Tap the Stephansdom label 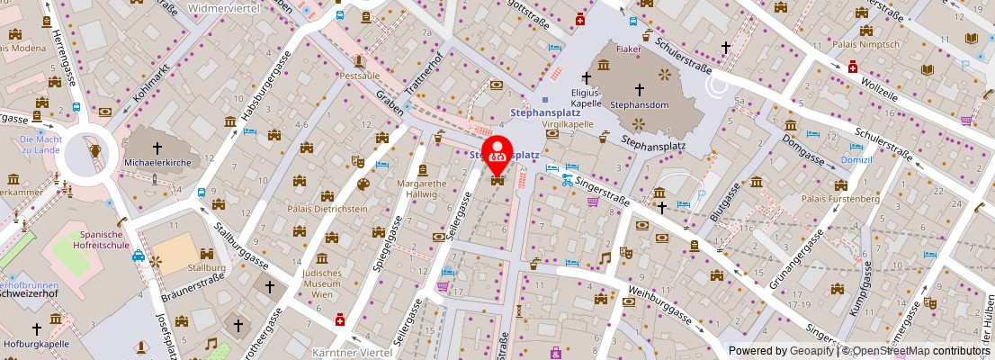[x=639, y=105]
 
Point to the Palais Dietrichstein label [x=328, y=209]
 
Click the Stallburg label [x=206, y=267]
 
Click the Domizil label [x=856, y=158]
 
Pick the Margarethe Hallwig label [x=422, y=187]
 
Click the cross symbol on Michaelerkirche [x=157, y=148]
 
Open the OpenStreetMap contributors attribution [x=917, y=351]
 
